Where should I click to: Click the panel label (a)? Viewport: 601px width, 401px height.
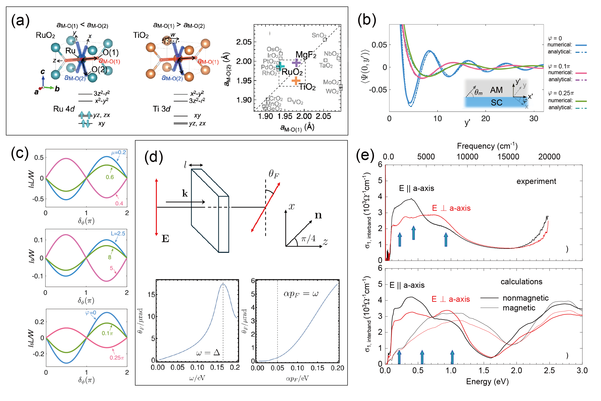point(20,21)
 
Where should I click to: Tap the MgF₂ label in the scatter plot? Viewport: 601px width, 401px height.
point(306,54)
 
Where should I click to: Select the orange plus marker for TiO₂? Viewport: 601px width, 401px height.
point(296,81)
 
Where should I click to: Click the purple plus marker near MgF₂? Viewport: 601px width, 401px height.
point(296,62)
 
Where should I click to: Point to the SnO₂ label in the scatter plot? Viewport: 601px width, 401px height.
point(319,35)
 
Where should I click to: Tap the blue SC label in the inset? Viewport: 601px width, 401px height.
point(496,102)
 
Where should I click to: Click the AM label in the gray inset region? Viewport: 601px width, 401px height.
point(496,90)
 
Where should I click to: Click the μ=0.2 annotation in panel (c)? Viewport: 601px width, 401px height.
point(118,152)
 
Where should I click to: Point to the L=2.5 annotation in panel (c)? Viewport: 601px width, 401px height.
point(118,233)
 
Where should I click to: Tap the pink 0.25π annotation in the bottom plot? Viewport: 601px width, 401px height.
point(116,358)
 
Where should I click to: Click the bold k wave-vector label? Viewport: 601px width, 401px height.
point(185,193)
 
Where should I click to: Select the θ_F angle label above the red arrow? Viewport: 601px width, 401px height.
point(274,174)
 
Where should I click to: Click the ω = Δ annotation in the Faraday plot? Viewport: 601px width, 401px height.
point(208,353)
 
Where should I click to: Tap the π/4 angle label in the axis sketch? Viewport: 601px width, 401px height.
point(308,239)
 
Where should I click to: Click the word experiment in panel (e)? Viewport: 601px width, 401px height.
point(536,181)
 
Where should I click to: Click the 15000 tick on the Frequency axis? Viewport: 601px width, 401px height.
point(508,157)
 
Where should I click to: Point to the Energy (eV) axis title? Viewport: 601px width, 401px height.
point(487,382)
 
